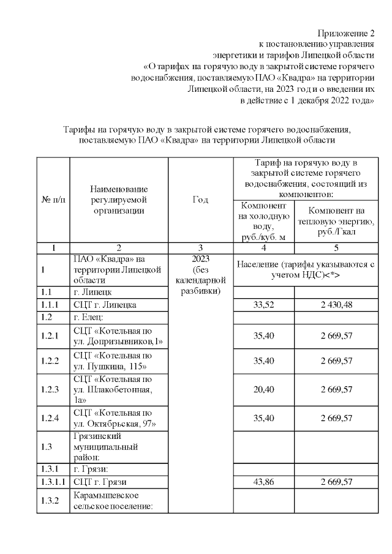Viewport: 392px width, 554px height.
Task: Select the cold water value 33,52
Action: click(x=263, y=305)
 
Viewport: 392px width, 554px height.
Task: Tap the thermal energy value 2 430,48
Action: click(x=334, y=305)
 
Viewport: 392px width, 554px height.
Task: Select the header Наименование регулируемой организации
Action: click(x=119, y=200)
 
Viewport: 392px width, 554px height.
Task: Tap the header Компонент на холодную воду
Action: click(x=263, y=220)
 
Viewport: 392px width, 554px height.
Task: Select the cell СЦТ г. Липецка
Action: click(x=105, y=305)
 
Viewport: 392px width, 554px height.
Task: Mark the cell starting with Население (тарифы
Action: click(x=304, y=269)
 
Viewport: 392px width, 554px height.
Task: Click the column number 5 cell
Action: click(x=334, y=248)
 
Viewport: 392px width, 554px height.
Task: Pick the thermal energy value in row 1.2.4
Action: click(x=334, y=418)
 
